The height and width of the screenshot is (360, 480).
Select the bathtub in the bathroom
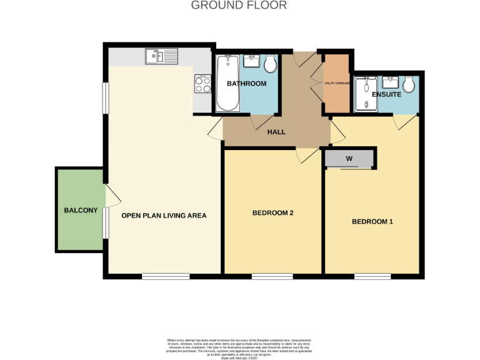point(226,82)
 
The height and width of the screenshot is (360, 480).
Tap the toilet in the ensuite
point(410,85)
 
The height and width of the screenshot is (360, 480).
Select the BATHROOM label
point(246,84)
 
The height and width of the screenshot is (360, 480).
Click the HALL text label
point(276,132)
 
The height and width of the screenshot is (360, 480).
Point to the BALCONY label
point(81,211)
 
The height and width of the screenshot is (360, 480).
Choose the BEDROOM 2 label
point(272,213)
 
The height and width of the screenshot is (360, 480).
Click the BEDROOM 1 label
point(372,222)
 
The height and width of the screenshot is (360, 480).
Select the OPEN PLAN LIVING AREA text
point(164,216)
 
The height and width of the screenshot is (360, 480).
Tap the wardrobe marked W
point(349,159)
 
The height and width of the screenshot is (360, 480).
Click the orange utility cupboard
point(336,83)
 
